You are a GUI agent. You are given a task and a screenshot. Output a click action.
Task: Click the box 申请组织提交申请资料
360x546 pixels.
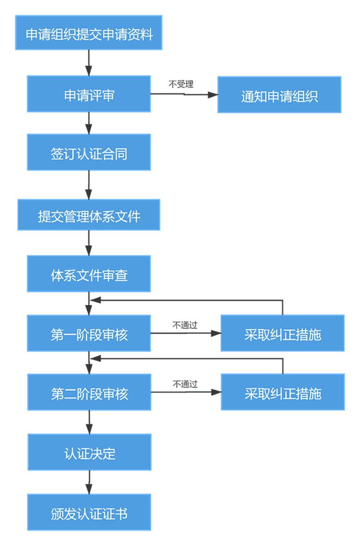pos(89,33)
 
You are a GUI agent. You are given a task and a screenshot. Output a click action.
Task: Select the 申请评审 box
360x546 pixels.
pos(89,94)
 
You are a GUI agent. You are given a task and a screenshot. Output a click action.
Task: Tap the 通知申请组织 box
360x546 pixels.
pos(279,95)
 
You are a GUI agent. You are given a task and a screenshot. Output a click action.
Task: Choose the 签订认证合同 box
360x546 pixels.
pos(89,153)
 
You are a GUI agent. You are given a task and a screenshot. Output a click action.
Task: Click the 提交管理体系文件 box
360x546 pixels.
pos(89,215)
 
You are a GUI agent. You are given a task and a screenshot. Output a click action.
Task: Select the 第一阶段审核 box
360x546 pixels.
pos(89,333)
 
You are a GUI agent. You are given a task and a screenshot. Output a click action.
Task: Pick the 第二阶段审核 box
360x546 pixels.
pos(89,393)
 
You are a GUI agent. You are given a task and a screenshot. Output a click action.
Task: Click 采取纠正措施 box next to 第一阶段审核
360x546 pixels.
pos(282,333)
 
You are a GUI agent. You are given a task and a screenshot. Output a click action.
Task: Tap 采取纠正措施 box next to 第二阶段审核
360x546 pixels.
pos(282,393)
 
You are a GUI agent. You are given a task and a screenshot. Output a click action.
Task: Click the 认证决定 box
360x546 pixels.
pos(89,453)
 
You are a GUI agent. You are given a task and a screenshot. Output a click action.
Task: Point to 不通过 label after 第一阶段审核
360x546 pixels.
pos(185,325)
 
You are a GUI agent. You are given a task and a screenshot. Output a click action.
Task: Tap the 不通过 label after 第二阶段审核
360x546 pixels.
pos(186,384)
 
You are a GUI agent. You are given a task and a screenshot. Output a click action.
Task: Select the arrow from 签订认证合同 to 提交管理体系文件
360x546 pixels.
pos(89,185)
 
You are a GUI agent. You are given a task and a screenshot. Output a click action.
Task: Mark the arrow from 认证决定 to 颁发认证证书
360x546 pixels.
pos(89,482)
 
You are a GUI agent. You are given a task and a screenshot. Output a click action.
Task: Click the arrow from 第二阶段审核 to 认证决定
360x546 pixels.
pos(89,422)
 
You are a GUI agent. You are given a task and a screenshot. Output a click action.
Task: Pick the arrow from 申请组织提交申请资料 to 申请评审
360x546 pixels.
pos(89,63)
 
